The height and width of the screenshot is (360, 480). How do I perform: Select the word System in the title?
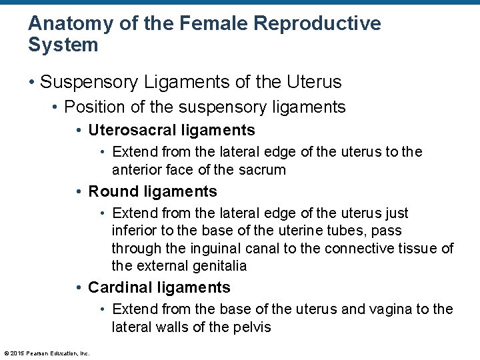pyautogui.click(x=63, y=45)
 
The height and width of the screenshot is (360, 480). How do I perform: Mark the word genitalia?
pyautogui.click(x=218, y=266)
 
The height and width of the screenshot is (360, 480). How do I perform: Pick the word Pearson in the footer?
pyautogui.click(x=39, y=353)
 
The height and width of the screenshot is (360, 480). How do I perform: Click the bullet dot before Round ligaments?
pyautogui.click(x=79, y=193)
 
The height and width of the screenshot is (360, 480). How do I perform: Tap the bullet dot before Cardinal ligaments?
pyautogui.click(x=79, y=289)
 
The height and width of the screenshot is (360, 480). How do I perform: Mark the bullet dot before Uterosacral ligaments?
pyautogui.click(x=79, y=131)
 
